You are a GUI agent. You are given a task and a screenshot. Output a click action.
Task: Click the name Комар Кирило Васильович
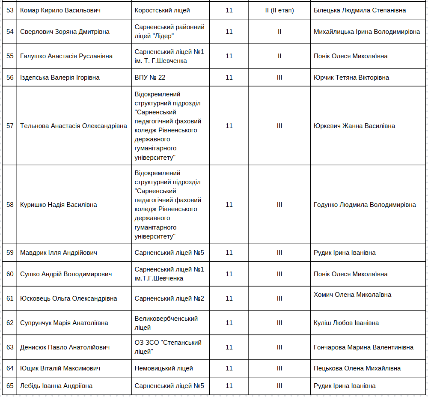tap(60, 10)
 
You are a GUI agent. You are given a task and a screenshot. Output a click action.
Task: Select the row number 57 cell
tap(10, 126)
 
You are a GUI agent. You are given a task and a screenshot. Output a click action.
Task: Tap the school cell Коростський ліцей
tap(162, 10)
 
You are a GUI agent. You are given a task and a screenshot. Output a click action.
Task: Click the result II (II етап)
tap(279, 10)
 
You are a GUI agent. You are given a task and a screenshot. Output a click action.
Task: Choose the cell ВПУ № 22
tap(150, 78)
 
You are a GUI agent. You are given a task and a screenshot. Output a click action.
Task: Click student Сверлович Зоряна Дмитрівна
tap(65, 32)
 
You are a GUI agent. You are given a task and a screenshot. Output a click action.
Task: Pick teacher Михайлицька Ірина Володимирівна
tap(367, 32)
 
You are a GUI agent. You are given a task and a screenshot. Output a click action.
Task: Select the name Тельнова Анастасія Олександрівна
tap(74, 126)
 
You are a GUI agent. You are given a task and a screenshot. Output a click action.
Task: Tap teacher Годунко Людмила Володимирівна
tap(365, 205)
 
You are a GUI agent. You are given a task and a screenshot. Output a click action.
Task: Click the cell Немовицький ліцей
tap(163, 368)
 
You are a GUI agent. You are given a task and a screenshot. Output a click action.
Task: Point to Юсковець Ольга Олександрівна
tap(68, 298)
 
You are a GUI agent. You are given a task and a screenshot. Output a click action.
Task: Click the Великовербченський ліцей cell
tap(166, 323)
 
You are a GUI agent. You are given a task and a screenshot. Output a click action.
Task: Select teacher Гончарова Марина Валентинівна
tap(363, 347)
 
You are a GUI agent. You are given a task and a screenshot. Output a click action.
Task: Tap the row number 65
tap(10, 386)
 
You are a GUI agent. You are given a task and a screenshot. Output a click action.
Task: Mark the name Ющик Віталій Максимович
tap(60, 368)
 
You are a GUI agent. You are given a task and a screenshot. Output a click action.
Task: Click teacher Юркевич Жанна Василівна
tap(354, 126)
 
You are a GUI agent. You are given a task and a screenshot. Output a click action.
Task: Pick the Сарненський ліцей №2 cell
tap(169, 298)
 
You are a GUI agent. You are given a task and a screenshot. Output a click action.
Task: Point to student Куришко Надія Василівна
tap(59, 205)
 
